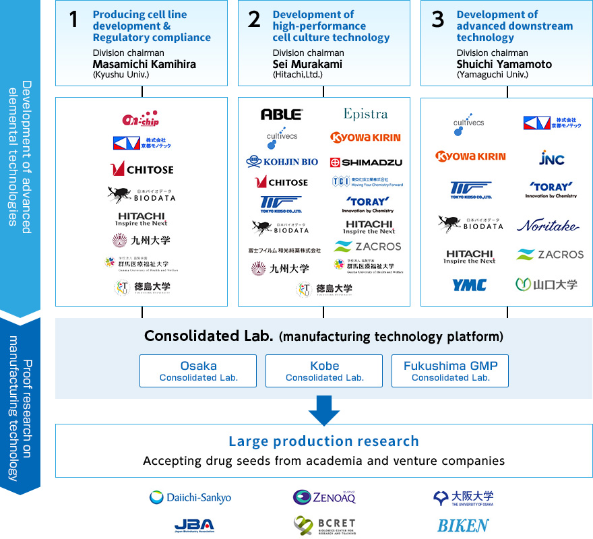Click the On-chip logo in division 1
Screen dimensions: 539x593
(140, 119)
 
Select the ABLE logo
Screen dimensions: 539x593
(282, 115)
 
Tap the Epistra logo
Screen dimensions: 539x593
(365, 114)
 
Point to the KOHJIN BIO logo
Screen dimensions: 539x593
(282, 162)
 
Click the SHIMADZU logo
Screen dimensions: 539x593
(366, 162)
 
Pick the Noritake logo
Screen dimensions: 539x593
(547, 226)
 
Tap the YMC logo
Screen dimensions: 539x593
(469, 285)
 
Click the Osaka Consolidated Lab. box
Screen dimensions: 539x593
(198, 371)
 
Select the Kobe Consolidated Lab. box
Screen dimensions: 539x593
(324, 371)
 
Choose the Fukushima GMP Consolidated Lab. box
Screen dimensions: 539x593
(450, 371)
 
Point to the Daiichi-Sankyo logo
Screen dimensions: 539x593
(190, 497)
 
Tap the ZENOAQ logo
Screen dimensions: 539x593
(324, 497)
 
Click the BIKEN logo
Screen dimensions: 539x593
(463, 525)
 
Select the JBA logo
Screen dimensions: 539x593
(193, 525)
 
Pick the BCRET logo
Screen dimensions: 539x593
(324, 525)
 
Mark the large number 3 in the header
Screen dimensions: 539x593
(438, 20)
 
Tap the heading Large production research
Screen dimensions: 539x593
(323, 441)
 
